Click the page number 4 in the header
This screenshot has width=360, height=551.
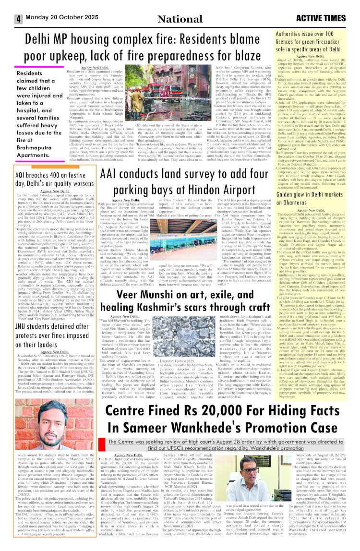coord(18,20)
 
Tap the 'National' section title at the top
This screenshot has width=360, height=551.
coord(180,19)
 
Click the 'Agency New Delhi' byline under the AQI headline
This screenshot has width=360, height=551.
coord(53,178)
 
